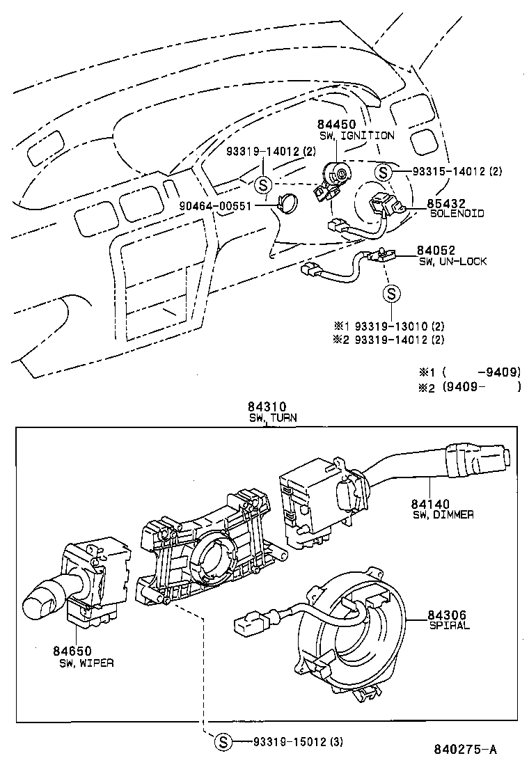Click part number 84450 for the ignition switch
pos(336,124)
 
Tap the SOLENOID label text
pos(457,214)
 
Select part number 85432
pos(446,204)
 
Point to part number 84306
pos(446,615)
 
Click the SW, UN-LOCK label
pos(452,261)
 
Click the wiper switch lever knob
pos(38,603)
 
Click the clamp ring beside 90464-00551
pos(287,203)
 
